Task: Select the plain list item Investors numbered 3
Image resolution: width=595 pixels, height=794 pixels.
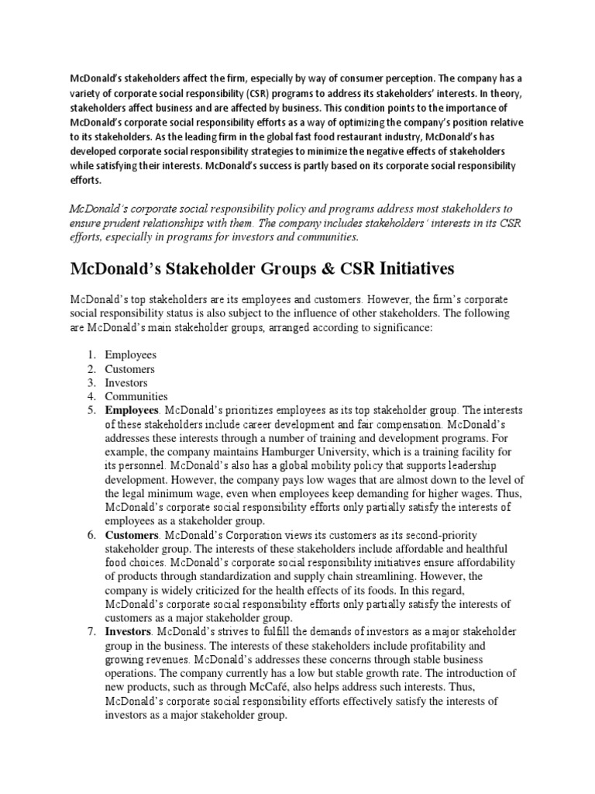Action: coord(126,382)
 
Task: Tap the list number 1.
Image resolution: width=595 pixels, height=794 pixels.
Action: coord(91,356)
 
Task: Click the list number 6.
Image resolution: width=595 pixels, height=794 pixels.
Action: coord(91,536)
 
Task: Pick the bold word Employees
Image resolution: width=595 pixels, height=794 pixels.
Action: coord(132,409)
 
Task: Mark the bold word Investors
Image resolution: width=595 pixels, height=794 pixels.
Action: coord(128,632)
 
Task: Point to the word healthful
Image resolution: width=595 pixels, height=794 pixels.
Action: coord(480,550)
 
